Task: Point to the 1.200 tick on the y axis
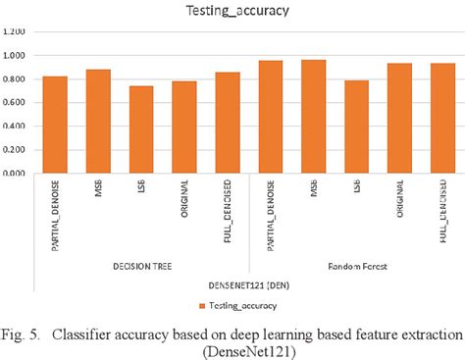tap(17, 31)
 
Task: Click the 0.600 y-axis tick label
tap(17, 102)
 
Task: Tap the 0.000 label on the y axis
tap(17, 174)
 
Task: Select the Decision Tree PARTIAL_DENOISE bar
tap(55, 125)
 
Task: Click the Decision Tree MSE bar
tap(98, 122)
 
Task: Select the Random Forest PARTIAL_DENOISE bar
tap(270, 117)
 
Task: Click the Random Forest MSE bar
tap(313, 117)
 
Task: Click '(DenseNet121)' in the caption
tap(232, 350)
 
